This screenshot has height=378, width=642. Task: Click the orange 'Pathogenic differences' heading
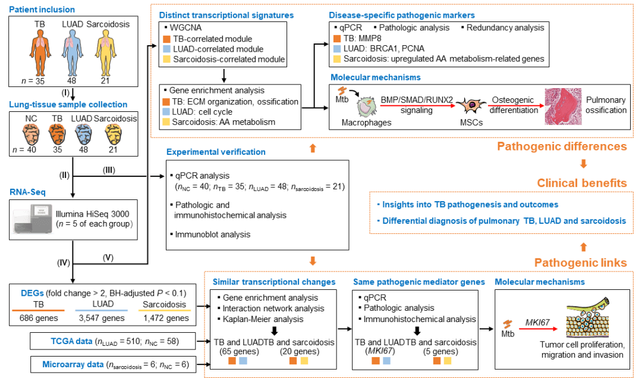pos(562,146)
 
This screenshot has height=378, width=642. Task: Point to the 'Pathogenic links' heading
pos(580,263)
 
